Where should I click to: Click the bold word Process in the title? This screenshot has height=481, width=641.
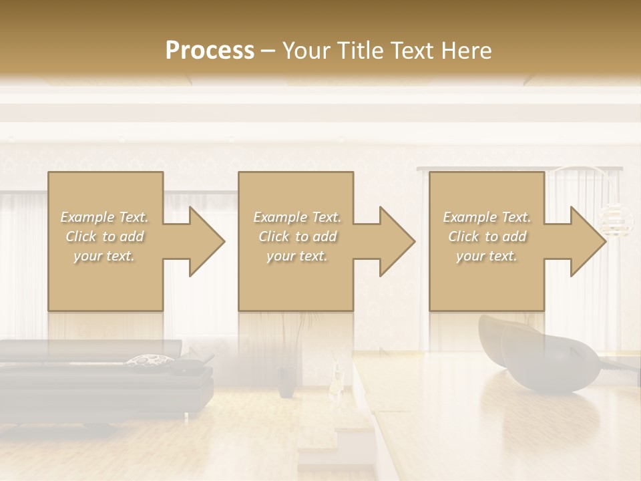click(x=210, y=51)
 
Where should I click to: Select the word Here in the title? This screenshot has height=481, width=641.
click(x=467, y=51)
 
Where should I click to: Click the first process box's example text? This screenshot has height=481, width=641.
click(x=105, y=236)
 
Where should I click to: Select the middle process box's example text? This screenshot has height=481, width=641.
click(x=296, y=236)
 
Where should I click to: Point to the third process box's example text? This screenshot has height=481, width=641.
click(x=487, y=236)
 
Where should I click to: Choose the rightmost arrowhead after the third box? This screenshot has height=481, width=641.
click(x=588, y=241)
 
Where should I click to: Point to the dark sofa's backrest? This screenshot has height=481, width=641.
click(x=87, y=350)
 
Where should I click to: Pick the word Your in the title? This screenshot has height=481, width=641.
click(x=304, y=51)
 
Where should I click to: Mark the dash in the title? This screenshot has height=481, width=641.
click(x=268, y=51)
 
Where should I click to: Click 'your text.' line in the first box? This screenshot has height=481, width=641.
click(x=105, y=255)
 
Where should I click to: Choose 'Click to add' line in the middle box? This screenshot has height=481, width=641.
click(x=296, y=236)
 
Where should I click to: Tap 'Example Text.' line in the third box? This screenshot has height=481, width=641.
click(x=487, y=217)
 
